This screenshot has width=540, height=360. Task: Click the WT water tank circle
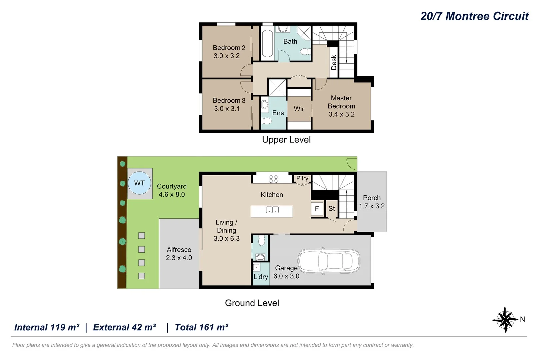pyautogui.click(x=139, y=183)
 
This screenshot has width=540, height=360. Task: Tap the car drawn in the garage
pyautogui.click(x=329, y=261)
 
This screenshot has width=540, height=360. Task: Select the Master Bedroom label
pyautogui.click(x=341, y=102)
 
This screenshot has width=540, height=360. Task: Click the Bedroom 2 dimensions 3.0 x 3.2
pyautogui.click(x=227, y=56)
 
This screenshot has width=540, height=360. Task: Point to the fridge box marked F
pyautogui.click(x=317, y=209)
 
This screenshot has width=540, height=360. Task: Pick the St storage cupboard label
pyautogui.click(x=332, y=209)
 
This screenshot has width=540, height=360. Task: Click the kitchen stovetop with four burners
pyautogui.click(x=274, y=179)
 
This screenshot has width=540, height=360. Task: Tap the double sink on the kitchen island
pyautogui.click(x=272, y=210)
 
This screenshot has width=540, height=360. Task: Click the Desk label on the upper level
pyautogui.click(x=334, y=62)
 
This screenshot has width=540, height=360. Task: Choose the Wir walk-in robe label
pyautogui.click(x=299, y=109)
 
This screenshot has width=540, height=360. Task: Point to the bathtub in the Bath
pyautogui.click(x=267, y=43)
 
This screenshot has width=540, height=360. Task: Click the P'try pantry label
pyautogui.click(x=302, y=178)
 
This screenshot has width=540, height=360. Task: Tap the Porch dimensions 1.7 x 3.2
pyautogui.click(x=372, y=206)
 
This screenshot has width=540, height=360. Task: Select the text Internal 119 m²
pyautogui.click(x=47, y=327)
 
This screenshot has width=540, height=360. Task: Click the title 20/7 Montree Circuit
pyautogui.click(x=474, y=16)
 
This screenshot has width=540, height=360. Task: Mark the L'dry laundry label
pyautogui.click(x=261, y=277)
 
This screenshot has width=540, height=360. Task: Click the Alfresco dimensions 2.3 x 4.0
pyautogui.click(x=179, y=258)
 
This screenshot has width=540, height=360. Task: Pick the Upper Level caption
pyautogui.click(x=286, y=140)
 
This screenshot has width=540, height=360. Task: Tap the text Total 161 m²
pyautogui.click(x=202, y=327)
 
